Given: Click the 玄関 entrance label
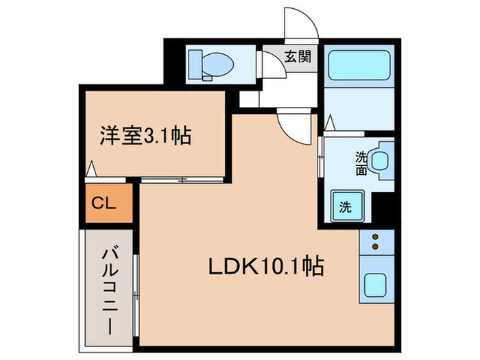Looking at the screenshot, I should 297,56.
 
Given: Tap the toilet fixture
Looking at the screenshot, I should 211,64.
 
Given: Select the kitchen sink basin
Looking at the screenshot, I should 376,284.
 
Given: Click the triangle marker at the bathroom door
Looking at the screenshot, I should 329,124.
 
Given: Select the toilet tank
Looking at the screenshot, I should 193,63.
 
